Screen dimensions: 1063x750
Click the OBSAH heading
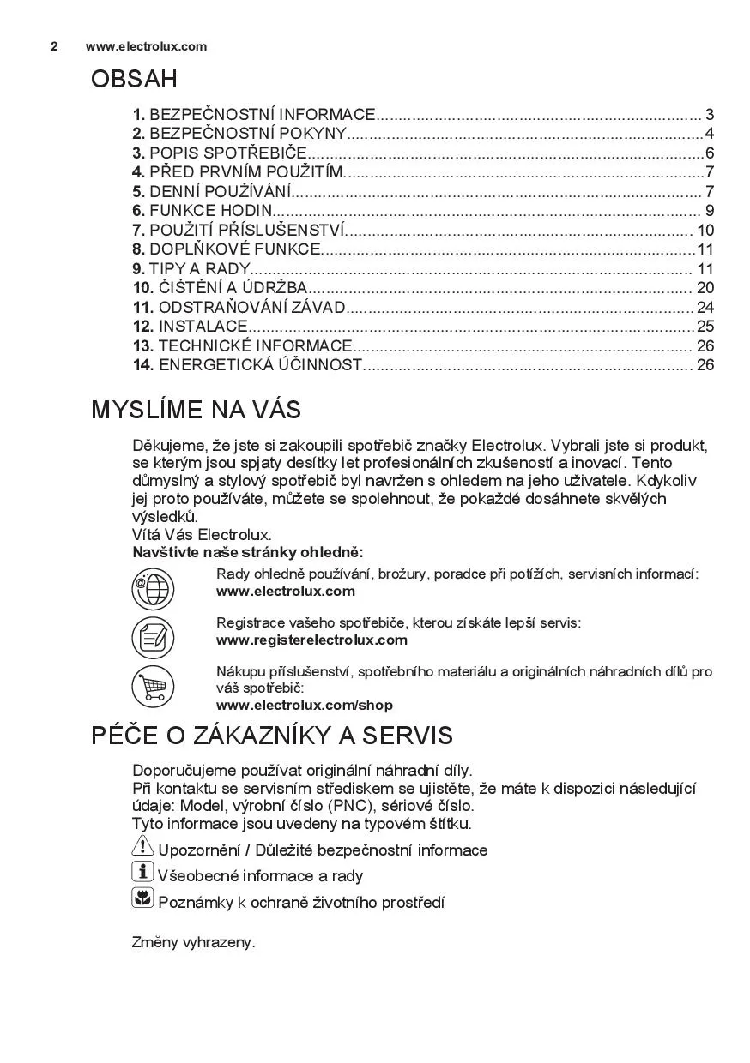(134, 80)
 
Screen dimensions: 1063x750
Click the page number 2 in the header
(54, 46)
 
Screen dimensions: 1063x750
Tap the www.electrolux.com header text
(146, 46)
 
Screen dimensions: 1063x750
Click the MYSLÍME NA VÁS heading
(196, 410)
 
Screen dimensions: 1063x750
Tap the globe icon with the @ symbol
(152, 588)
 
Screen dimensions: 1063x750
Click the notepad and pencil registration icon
(152, 637)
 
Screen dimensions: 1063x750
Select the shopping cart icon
(152, 686)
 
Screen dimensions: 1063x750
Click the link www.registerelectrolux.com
(311, 640)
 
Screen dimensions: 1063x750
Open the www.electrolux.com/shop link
(304, 706)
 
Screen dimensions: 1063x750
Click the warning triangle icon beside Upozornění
(142, 847)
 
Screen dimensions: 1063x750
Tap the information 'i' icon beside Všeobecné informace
(142, 873)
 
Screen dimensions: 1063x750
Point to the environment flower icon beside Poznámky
(142, 898)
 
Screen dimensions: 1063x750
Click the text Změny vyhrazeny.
(193, 942)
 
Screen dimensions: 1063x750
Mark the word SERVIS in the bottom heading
(407, 736)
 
